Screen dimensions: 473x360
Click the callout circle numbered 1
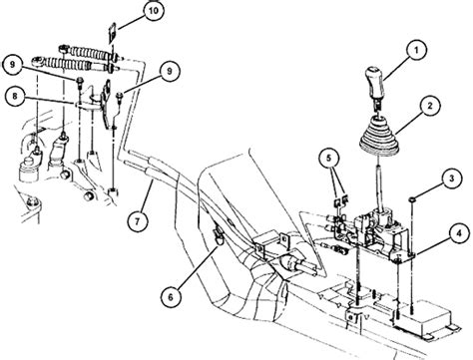coord(416,50)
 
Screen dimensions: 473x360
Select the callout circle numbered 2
coord(430,106)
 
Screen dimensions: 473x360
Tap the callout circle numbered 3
coord(451,179)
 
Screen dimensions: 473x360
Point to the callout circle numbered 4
coord(459,233)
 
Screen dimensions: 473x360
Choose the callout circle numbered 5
coord(328,158)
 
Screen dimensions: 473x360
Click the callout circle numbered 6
coord(171,297)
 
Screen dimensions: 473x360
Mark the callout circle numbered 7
coord(138,221)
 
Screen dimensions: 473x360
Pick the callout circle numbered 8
coord(14,97)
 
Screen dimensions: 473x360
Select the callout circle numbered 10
coord(153,10)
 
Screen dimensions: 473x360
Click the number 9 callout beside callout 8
coord(12,64)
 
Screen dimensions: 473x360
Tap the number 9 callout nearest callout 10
coord(170,71)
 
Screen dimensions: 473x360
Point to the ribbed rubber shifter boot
coord(379,137)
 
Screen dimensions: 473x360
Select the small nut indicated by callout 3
coord(412,199)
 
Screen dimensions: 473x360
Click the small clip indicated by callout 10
coord(112,33)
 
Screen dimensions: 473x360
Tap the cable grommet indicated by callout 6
coord(219,236)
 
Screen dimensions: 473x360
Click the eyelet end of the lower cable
coord(37,61)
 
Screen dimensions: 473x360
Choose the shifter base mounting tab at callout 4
coord(405,256)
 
